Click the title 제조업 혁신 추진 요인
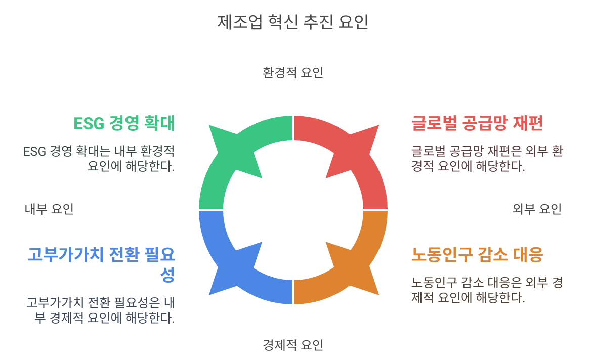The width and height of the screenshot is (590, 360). [293, 22]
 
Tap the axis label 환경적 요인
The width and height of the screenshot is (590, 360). [293, 73]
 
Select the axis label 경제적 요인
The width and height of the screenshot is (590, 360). [293, 345]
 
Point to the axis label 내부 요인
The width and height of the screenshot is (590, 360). [49, 209]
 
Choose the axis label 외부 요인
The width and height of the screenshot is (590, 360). [537, 209]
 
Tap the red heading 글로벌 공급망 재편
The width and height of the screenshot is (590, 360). [477, 123]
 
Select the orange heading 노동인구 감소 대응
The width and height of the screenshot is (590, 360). [477, 254]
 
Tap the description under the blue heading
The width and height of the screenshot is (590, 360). [101, 310]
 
